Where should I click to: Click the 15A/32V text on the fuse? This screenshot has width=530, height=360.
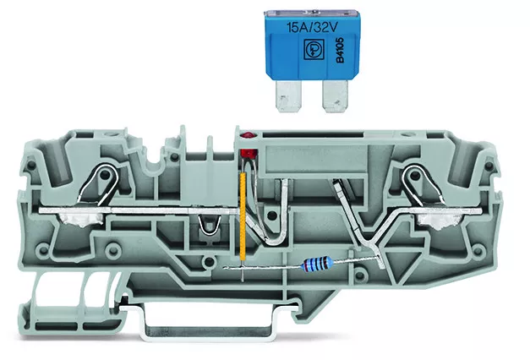[312, 27]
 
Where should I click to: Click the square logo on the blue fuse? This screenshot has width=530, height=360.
[314, 50]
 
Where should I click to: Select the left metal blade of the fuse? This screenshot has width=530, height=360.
[288, 96]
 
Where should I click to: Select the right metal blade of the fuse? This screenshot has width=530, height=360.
[335, 97]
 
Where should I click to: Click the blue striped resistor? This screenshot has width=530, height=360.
[318, 263]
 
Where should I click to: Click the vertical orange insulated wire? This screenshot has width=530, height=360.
[243, 216]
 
